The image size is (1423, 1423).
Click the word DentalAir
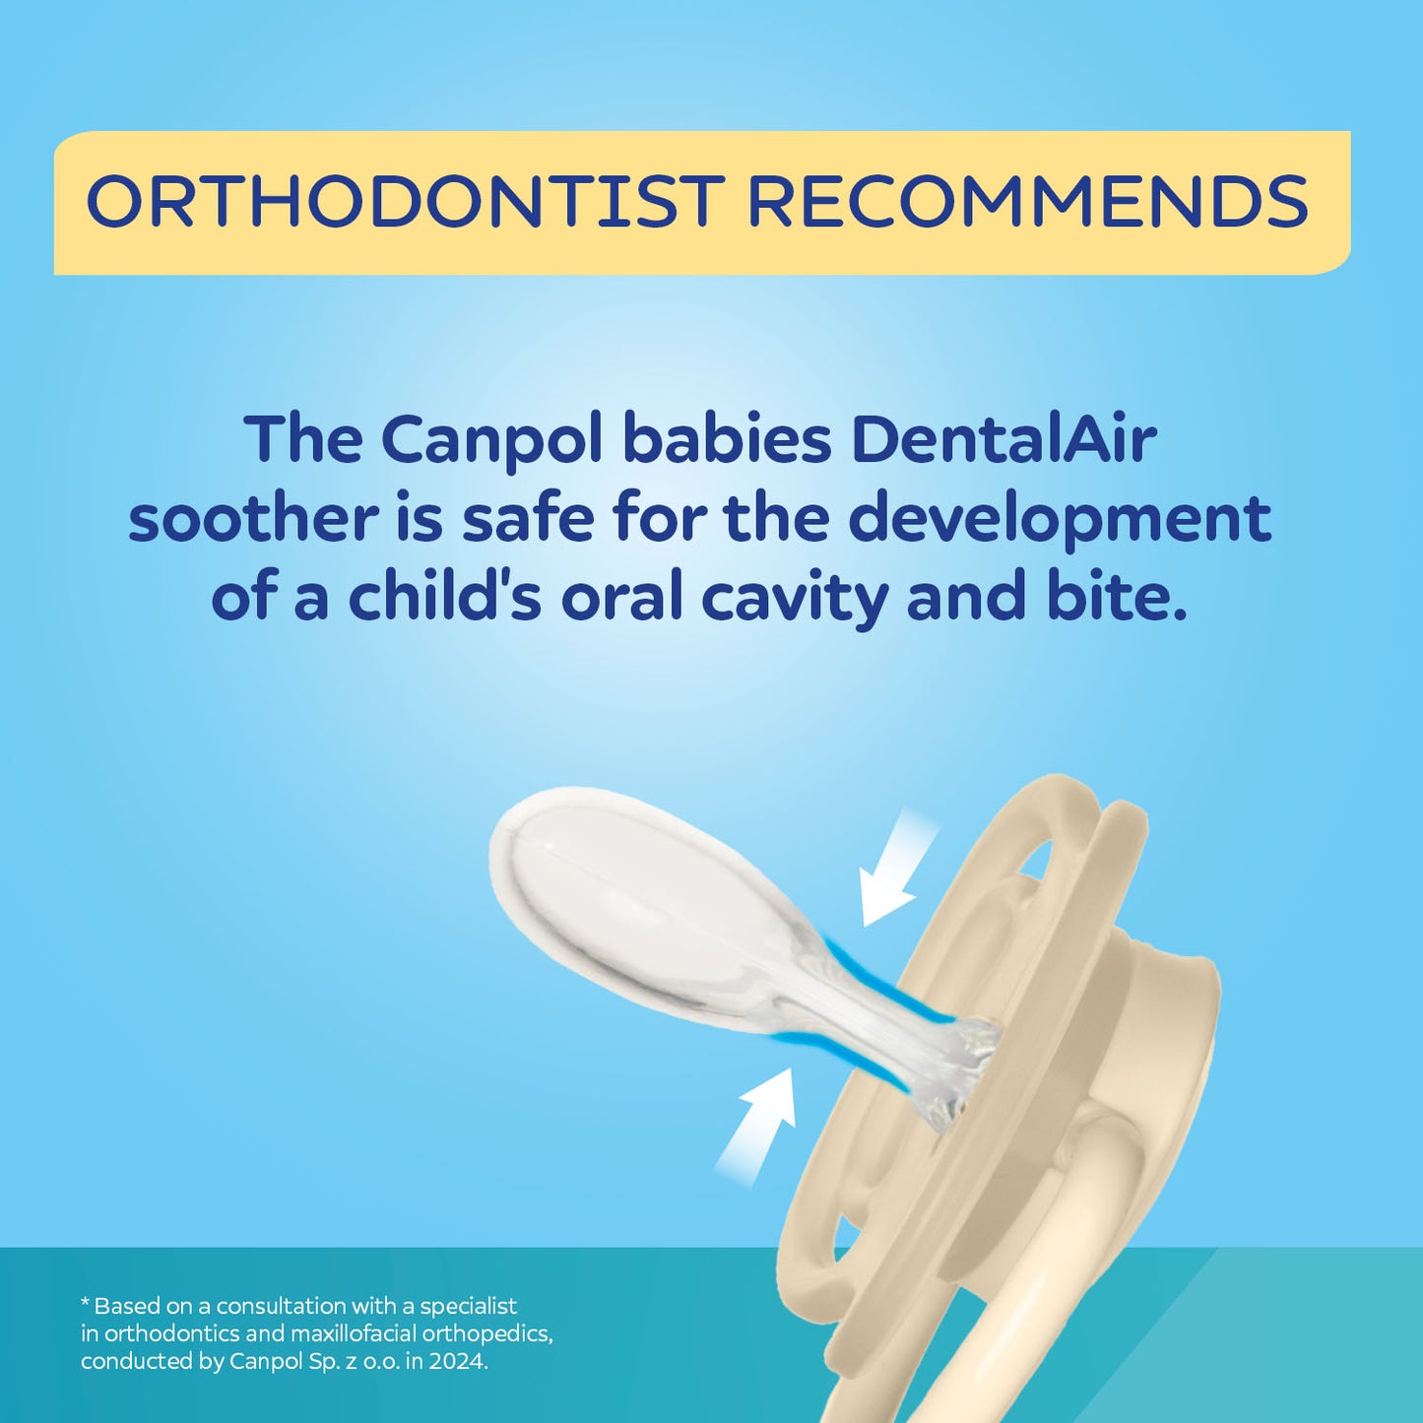1003,439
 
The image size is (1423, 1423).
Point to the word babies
728,439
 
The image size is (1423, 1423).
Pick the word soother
253,518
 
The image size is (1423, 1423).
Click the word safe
528,518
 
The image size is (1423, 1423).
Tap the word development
1059,520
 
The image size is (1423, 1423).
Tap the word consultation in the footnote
281,1306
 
